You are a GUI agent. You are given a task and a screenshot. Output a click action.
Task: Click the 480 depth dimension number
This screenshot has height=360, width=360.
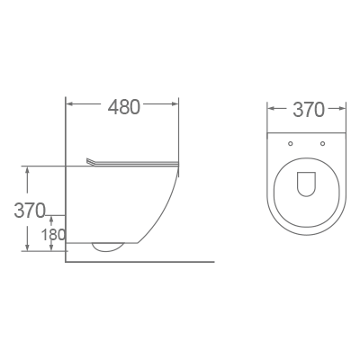pyautogui.click(x=123, y=106)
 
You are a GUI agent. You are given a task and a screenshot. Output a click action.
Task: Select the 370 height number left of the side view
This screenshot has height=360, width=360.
pyautogui.click(x=30, y=211)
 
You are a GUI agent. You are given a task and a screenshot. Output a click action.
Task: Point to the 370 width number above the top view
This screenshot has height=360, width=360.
pyautogui.click(x=308, y=110)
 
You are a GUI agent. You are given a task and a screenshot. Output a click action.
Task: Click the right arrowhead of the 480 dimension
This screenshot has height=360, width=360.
pyautogui.click(x=176, y=105)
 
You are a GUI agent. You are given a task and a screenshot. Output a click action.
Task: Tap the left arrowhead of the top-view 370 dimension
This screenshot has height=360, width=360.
pyautogui.click(x=271, y=110)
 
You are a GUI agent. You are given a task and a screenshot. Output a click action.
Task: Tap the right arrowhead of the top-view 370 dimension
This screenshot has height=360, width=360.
pyautogui.click(x=344, y=110)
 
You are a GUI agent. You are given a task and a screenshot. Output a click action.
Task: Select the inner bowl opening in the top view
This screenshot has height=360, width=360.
pyautogui.click(x=307, y=184)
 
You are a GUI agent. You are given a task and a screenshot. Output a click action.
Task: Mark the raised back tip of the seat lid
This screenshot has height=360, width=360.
pyautogui.click(x=88, y=160)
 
